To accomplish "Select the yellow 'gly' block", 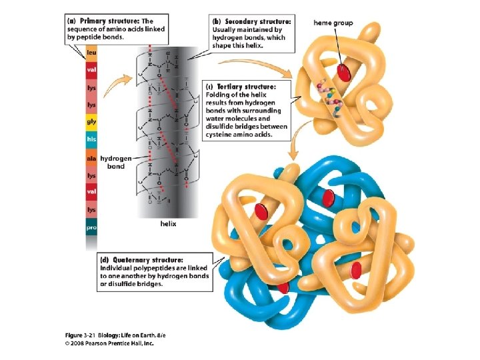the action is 91,122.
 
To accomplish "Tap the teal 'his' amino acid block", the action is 91,139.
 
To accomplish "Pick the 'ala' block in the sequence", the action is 91,158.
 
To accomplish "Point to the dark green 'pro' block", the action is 91,228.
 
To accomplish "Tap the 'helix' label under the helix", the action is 168,224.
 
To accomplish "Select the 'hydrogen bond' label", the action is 116,162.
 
